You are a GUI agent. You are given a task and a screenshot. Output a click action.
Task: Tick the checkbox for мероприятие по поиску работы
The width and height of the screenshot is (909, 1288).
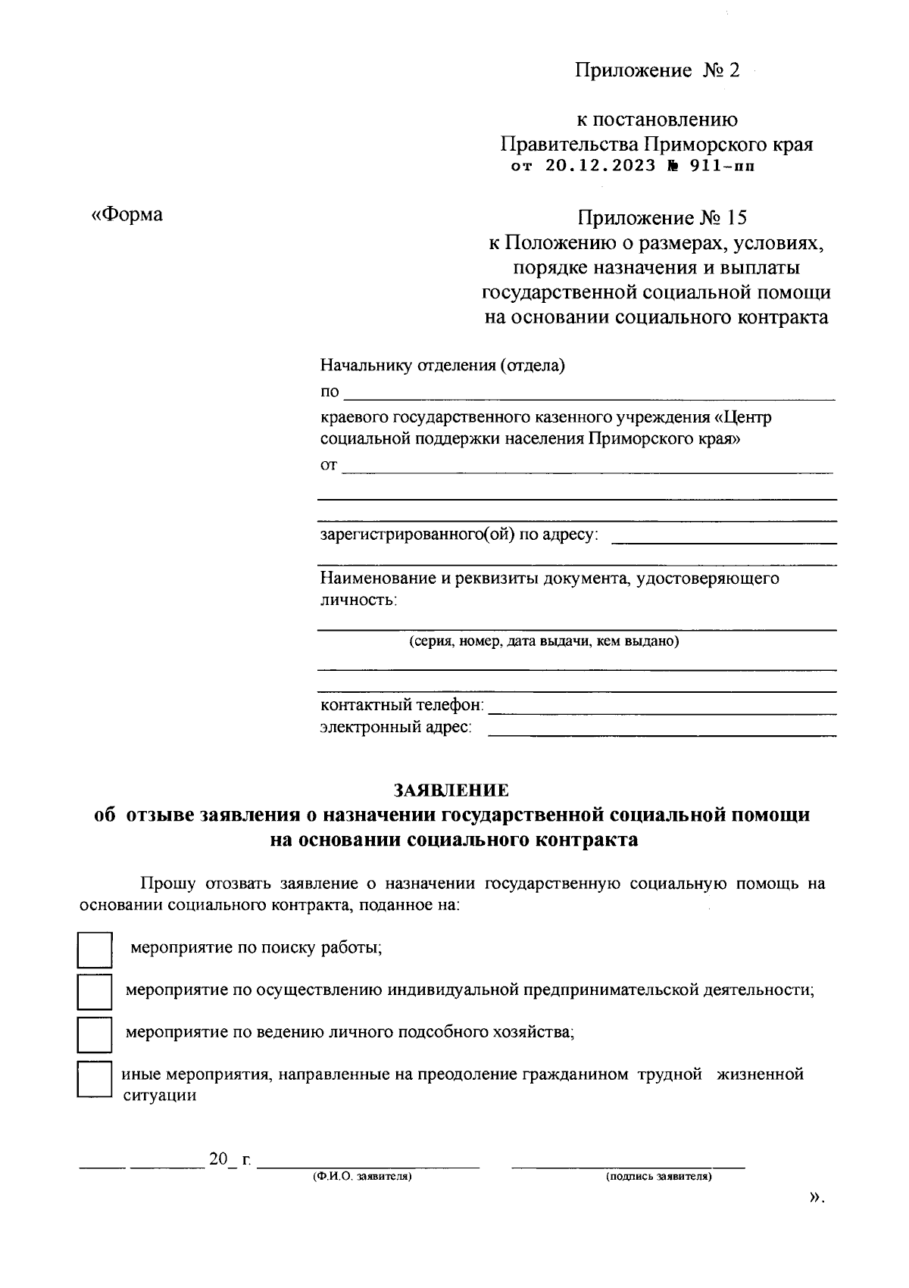(95, 950)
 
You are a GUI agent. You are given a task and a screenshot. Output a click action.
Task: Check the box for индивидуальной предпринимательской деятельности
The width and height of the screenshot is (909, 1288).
(95, 991)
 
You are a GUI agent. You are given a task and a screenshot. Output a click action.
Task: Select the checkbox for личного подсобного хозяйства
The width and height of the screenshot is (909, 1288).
(95, 1034)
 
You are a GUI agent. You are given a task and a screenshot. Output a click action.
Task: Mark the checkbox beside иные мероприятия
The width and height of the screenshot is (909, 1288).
(95, 1079)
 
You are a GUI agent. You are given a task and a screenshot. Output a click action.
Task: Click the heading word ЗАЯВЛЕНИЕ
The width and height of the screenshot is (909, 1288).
(451, 791)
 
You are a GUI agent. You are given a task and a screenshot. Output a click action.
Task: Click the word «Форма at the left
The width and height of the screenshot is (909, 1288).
(127, 214)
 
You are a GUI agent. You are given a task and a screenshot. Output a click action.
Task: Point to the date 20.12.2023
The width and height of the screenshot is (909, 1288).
(600, 167)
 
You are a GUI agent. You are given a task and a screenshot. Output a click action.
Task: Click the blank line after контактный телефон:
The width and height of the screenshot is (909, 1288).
(662, 713)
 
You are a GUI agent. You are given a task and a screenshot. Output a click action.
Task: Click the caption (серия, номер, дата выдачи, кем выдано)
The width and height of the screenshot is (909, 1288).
(544, 641)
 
